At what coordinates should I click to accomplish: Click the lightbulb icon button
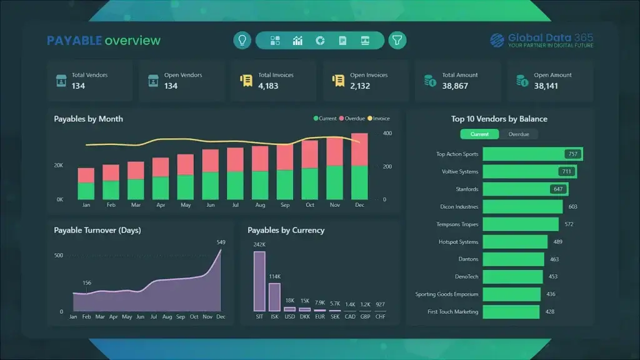click(x=242, y=41)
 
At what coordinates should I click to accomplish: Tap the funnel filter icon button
click(x=397, y=41)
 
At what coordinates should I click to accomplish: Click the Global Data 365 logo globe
click(x=497, y=41)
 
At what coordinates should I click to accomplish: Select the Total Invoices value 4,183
click(x=268, y=86)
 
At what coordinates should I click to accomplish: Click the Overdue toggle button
click(x=519, y=134)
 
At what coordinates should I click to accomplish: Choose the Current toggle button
click(x=479, y=134)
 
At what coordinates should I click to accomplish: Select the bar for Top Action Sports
click(x=532, y=154)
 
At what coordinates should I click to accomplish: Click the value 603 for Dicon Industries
click(x=572, y=207)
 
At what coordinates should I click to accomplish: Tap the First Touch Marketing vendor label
click(x=452, y=312)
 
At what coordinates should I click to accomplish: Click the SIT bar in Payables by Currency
click(x=259, y=281)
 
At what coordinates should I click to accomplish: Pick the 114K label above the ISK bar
click(x=274, y=277)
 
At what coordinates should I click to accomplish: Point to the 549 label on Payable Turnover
click(x=221, y=242)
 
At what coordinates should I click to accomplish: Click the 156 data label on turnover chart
click(x=87, y=283)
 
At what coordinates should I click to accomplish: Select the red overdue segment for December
click(x=359, y=149)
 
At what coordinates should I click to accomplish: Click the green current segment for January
click(x=86, y=191)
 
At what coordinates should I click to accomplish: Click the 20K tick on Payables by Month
click(x=59, y=166)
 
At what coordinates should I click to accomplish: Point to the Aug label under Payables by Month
click(x=260, y=205)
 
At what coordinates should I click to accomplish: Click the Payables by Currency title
click(x=286, y=230)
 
